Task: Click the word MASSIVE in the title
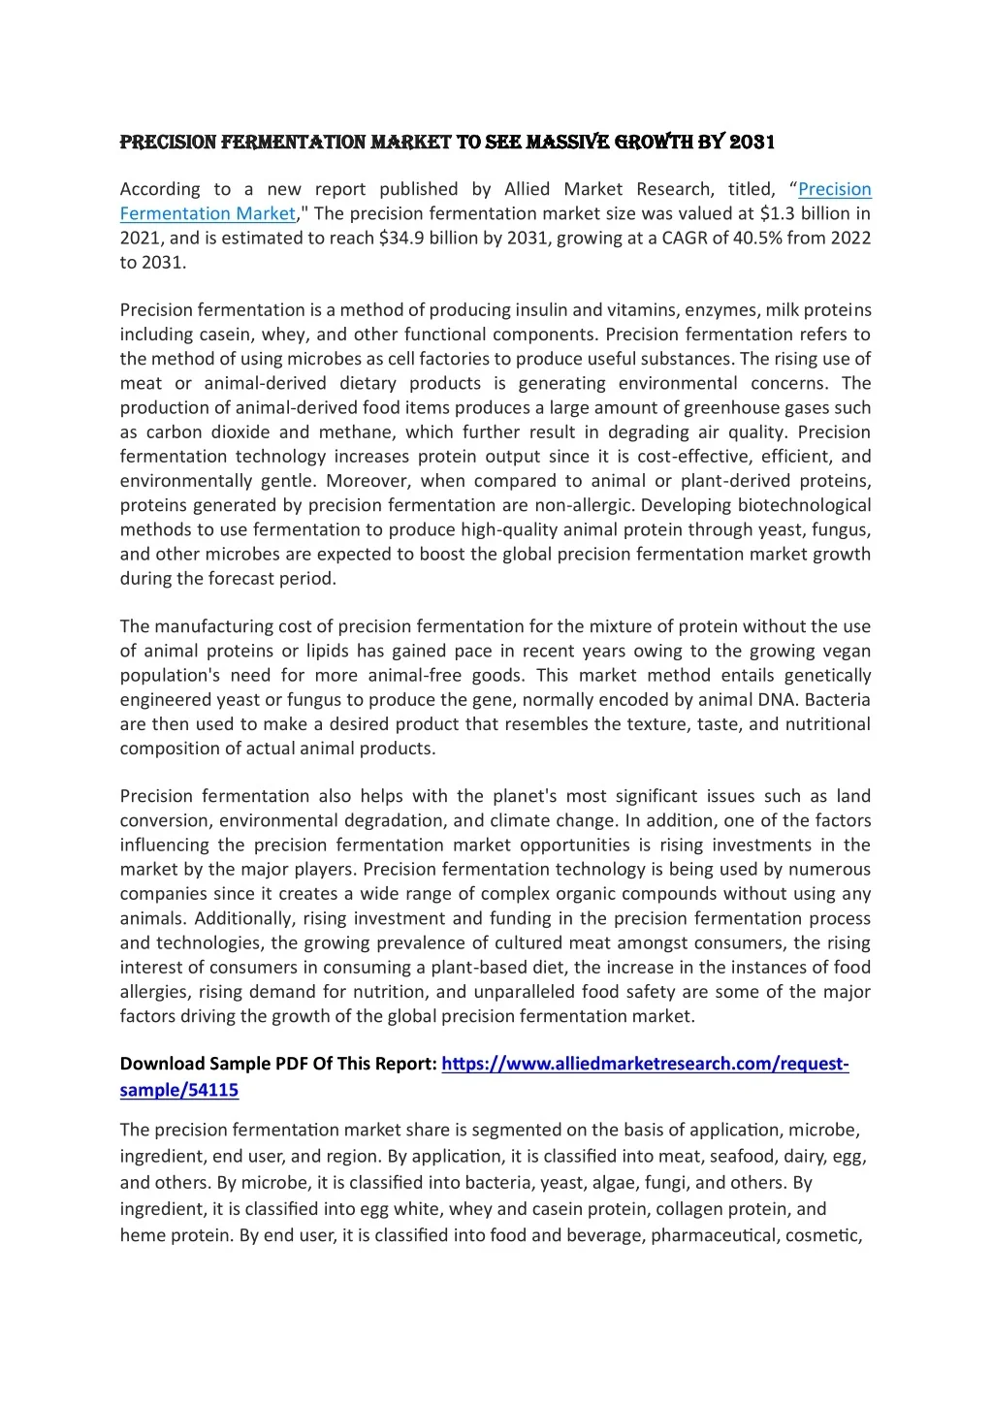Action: point(567,143)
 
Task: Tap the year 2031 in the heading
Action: point(752,143)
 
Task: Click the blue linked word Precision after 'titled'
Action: point(834,189)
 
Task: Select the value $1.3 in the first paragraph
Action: point(778,213)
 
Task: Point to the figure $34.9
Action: point(402,238)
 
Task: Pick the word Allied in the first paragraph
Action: point(527,189)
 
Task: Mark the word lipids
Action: point(324,651)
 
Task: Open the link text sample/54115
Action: point(178,1090)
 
